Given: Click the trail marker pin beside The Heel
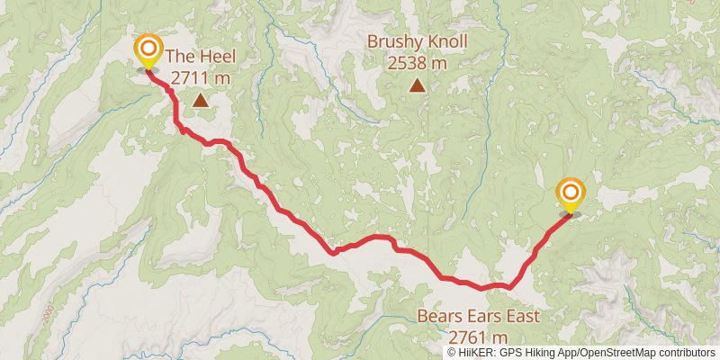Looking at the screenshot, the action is click(147, 50).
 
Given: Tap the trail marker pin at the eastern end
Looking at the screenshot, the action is click(571, 193).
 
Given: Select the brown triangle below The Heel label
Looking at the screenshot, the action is click(200, 101).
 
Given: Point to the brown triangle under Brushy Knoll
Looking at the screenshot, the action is click(418, 85).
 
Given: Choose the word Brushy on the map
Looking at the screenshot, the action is click(391, 42).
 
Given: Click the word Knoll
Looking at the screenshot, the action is click(445, 42).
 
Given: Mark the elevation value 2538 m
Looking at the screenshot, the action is click(418, 63).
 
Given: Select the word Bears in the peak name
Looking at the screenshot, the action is click(437, 317).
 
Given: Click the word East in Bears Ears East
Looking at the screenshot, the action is click(520, 317).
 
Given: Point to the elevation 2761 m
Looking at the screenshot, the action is click(479, 337).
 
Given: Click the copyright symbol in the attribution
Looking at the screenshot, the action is click(452, 353).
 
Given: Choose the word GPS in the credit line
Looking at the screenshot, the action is click(511, 353).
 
